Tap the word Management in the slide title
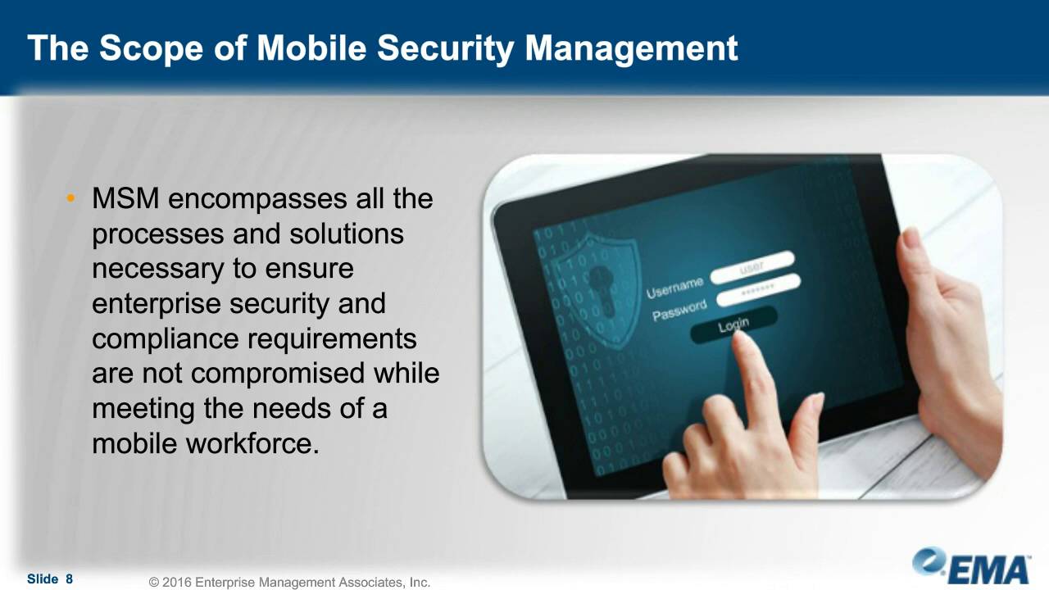pyautogui.click(x=631, y=48)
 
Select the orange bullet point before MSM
pyautogui.click(x=71, y=199)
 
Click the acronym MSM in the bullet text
pyautogui.click(x=125, y=199)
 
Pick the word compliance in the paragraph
pyautogui.click(x=165, y=339)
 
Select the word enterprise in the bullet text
pyautogui.click(x=157, y=304)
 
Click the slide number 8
pyautogui.click(x=70, y=579)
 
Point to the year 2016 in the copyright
pyautogui.click(x=177, y=583)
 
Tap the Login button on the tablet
pyautogui.click(x=733, y=325)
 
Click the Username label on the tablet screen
pyautogui.click(x=674, y=287)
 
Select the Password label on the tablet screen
pyautogui.click(x=679, y=311)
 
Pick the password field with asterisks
pyautogui.click(x=758, y=290)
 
